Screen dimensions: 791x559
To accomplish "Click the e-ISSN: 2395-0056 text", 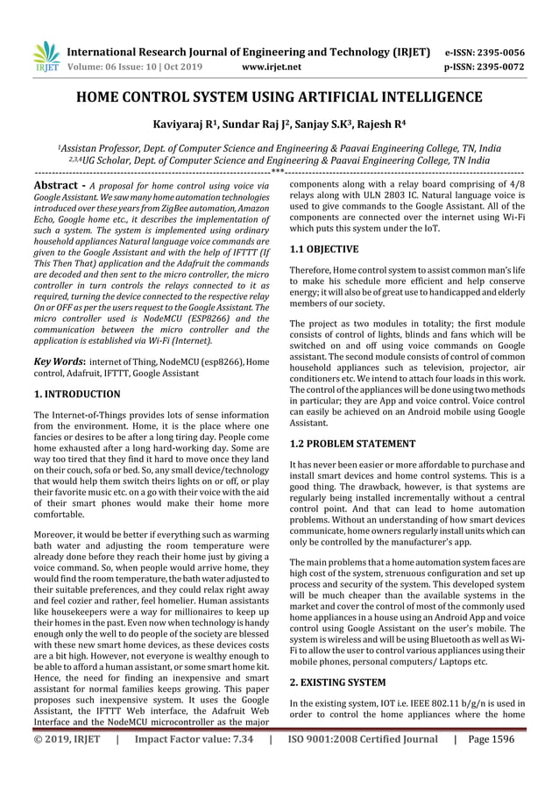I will (498, 52).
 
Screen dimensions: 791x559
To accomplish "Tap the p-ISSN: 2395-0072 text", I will (498, 66).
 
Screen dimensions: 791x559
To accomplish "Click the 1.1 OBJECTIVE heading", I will (323, 250).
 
